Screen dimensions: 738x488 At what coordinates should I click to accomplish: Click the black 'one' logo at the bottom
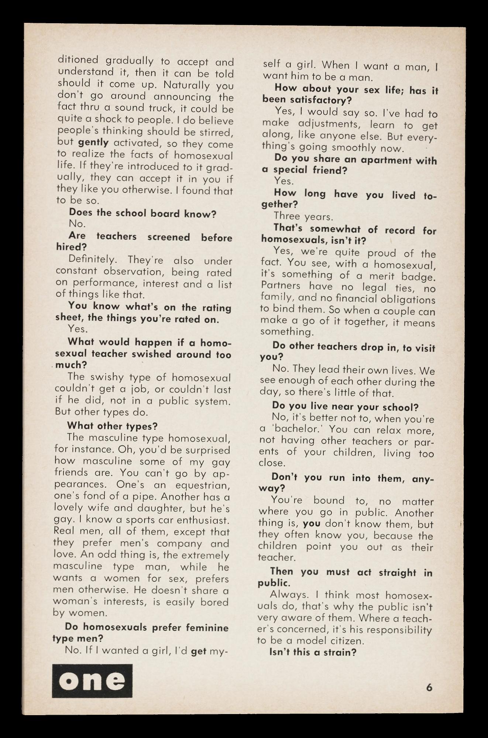pyautogui.click(x=92, y=681)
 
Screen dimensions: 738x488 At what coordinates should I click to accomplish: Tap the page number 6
pyautogui.click(x=429, y=687)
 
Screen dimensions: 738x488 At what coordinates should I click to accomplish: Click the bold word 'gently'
pyautogui.click(x=93, y=143)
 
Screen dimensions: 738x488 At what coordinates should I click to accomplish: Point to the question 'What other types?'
pyautogui.click(x=112, y=426)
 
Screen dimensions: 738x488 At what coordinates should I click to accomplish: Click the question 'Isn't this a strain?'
pyautogui.click(x=313, y=652)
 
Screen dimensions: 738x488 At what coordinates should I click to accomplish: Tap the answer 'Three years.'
pyautogui.click(x=303, y=216)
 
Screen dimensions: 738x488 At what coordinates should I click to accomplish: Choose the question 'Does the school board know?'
pyautogui.click(x=142, y=213)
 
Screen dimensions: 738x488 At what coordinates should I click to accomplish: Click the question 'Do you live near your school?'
pyautogui.click(x=345, y=406)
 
